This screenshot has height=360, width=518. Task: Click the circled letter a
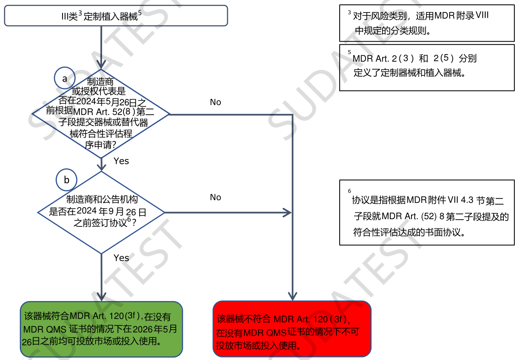[65, 79]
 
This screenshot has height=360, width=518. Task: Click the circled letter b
[67, 180]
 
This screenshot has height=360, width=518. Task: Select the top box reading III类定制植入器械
[116, 16]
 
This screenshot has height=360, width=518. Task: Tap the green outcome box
[101, 329]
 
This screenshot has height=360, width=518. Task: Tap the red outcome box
[292, 329]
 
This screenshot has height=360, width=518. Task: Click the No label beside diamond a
[215, 103]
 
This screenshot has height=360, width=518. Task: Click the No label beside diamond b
[215, 197]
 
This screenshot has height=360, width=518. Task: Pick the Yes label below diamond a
[121, 161]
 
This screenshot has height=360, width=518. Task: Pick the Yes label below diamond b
[121, 258]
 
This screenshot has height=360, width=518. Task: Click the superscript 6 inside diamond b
[129, 219]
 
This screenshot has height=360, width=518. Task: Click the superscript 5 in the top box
[140, 13]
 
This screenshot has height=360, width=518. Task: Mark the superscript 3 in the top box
[80, 13]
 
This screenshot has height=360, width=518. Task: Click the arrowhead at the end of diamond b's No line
[287, 212]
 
